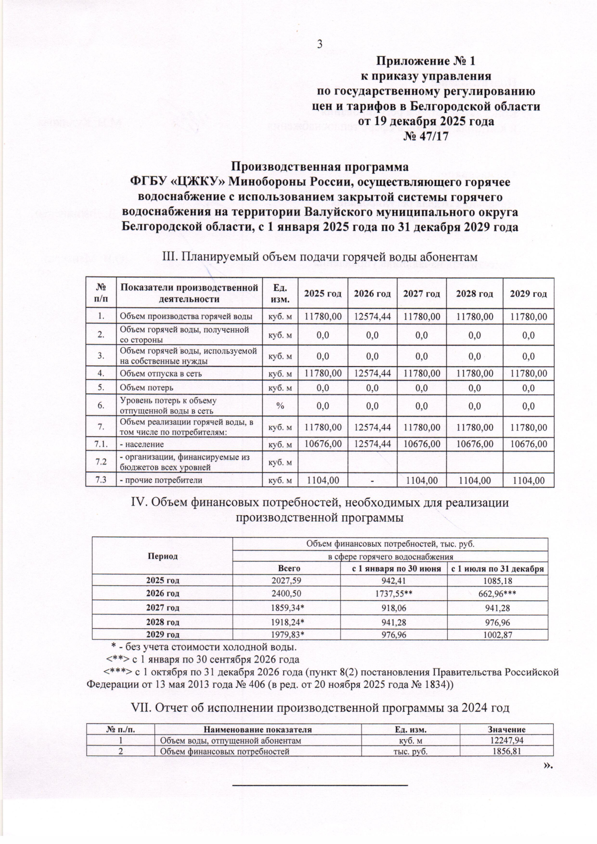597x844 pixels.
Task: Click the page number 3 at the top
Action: [320, 44]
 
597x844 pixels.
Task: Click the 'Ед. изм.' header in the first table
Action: [280, 293]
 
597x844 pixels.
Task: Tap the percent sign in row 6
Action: [280, 406]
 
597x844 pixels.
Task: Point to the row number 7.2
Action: [101, 462]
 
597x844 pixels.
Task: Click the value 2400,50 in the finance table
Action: [287, 593]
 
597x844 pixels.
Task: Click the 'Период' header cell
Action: [163, 556]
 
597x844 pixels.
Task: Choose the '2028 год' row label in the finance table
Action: [163, 622]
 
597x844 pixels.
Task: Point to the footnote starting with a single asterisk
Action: [203, 647]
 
